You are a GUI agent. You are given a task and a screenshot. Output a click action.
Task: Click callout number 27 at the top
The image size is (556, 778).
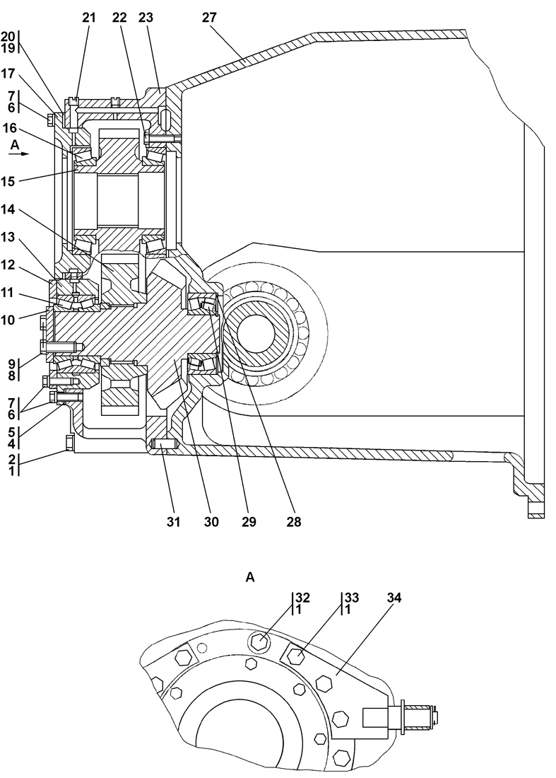point(209,18)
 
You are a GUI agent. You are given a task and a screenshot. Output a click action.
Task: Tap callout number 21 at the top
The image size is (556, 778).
point(89,18)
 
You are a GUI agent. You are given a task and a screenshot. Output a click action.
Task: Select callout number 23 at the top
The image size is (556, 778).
point(146,18)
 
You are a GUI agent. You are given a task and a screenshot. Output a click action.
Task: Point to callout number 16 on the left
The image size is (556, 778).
point(9,129)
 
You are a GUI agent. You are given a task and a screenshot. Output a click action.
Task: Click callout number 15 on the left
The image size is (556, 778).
point(9,181)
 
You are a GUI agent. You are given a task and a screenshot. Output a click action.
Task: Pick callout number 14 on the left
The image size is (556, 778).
point(9,210)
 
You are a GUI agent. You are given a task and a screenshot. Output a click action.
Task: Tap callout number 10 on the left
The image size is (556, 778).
point(9,320)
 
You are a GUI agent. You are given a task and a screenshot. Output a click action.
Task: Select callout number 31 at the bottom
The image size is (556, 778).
point(173,522)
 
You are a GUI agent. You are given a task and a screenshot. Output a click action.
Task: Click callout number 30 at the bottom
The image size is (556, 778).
point(211,522)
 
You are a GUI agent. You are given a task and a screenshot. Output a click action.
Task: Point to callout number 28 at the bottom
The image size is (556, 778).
point(293,522)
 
